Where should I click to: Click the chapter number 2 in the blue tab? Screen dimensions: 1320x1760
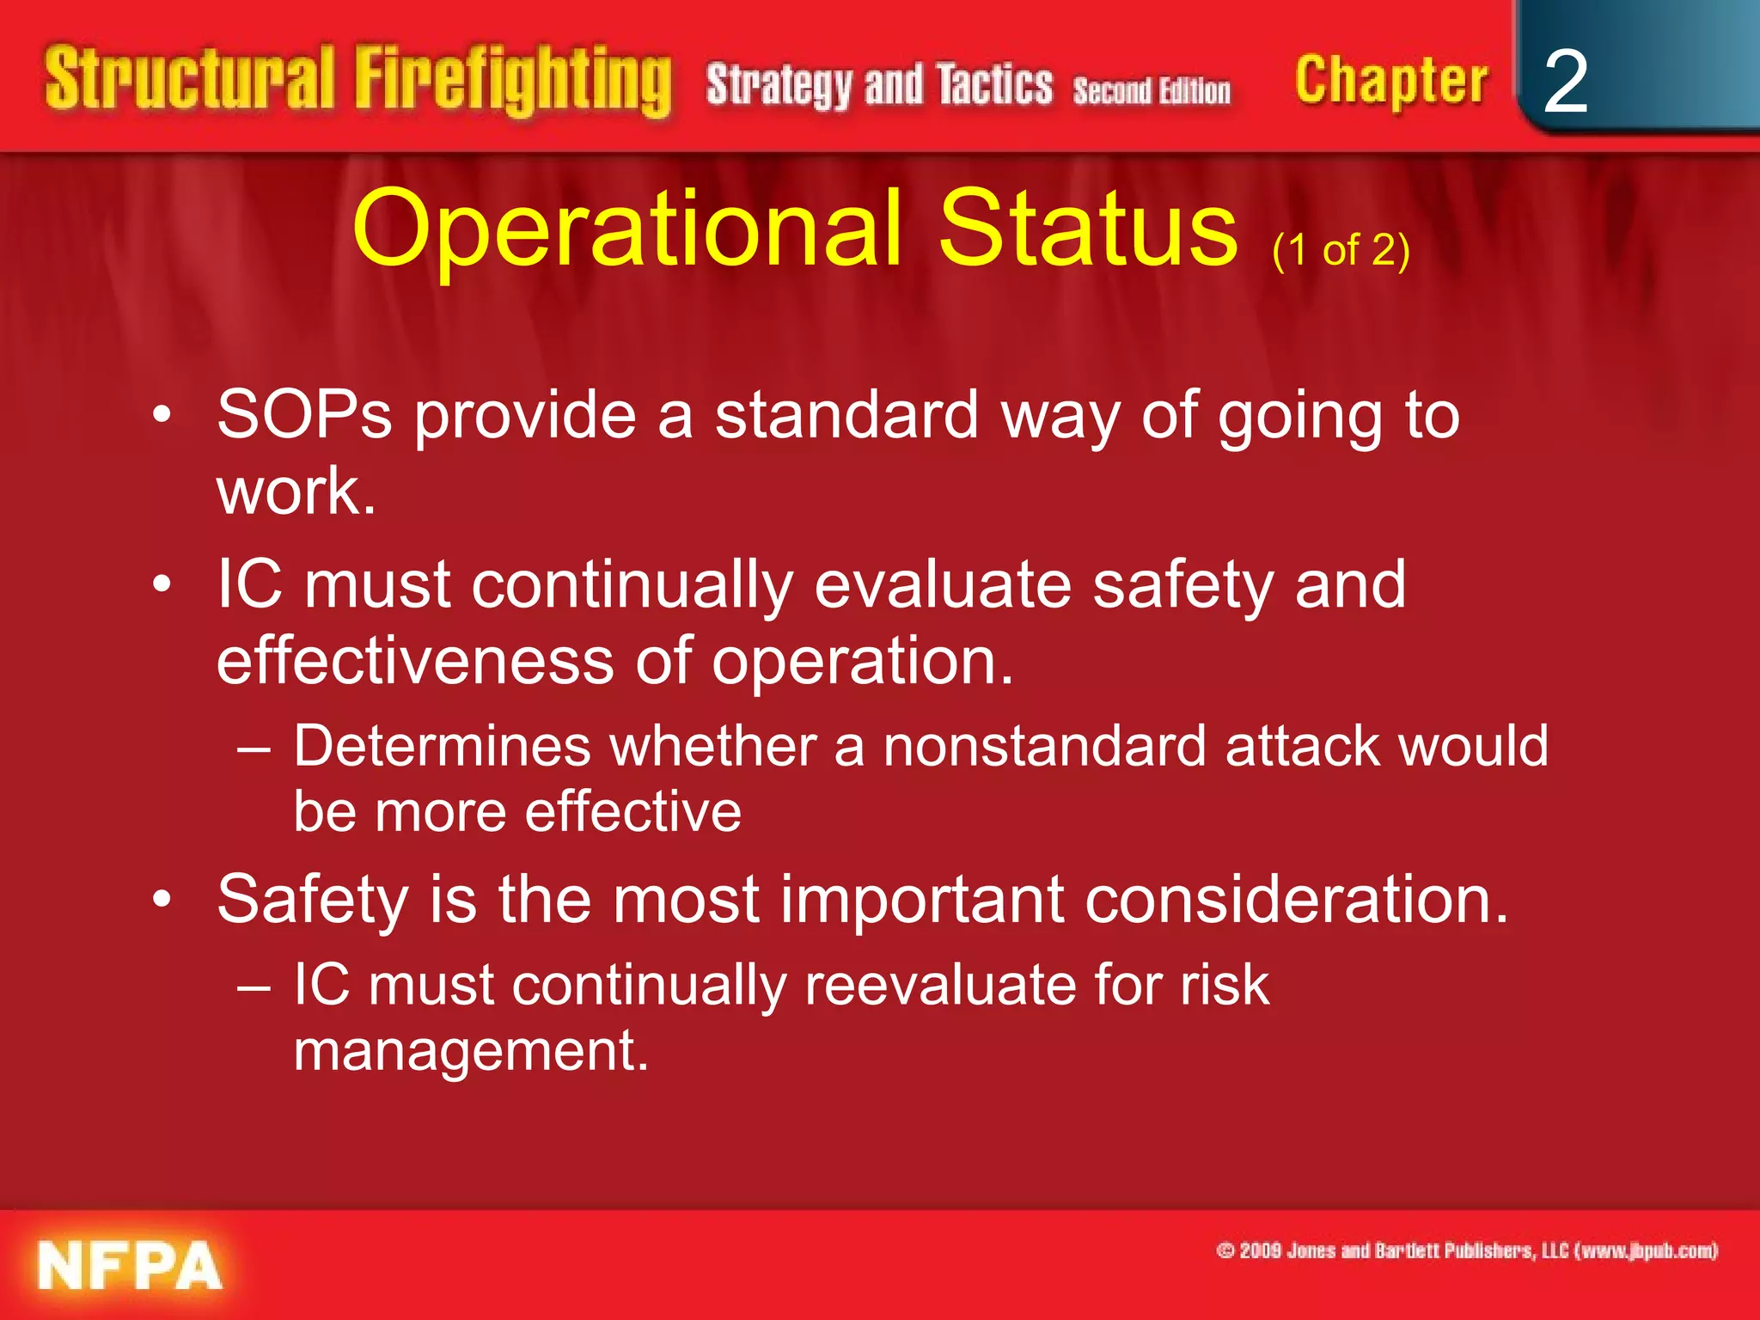coord(1565,82)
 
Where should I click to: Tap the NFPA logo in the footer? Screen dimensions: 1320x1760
coord(129,1265)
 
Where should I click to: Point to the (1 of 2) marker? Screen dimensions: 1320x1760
coord(1341,251)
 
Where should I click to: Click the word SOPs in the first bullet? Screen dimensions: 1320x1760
coord(304,415)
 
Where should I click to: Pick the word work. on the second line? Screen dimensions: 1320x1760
coord(296,492)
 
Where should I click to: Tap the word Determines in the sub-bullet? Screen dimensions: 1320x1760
coord(442,745)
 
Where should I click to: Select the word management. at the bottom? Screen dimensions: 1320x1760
coord(470,1050)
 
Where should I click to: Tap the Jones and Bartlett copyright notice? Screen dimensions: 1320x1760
coord(1466,1250)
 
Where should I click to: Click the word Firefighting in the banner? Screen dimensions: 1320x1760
coord(512,82)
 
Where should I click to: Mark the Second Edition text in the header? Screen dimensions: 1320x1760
coord(1151,90)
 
